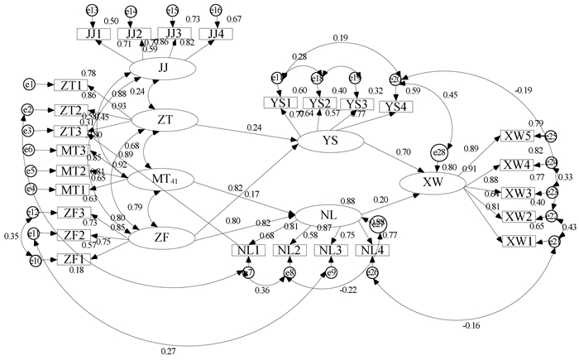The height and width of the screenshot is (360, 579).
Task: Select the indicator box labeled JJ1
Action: tap(93, 34)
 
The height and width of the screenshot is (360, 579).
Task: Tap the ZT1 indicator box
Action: tap(66, 85)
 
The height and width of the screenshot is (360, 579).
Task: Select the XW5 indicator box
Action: tap(516, 137)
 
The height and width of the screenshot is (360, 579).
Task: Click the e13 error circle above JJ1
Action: tap(92, 11)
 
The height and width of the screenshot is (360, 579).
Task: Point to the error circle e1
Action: tap(30, 84)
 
